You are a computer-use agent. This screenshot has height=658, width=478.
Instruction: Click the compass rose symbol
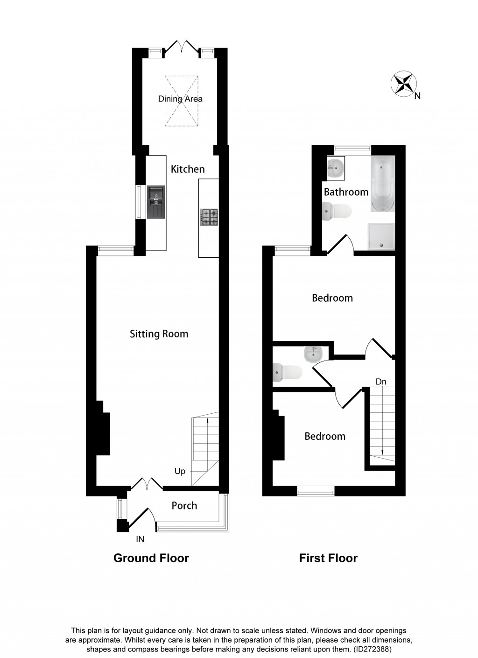tap(403, 84)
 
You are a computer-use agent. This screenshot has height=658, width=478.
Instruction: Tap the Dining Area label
tap(180, 99)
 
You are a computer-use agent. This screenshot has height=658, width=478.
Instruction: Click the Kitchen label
tap(188, 169)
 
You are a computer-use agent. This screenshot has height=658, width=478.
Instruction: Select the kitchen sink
tap(156, 202)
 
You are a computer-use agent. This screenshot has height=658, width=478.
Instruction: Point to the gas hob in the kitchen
tap(209, 217)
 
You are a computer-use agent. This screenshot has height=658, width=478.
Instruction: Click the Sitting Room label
tap(159, 334)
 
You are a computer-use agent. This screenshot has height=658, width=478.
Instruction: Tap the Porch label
tap(184, 505)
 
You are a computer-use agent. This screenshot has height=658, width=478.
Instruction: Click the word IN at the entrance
tap(140, 539)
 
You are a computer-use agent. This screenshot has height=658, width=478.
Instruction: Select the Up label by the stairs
tap(180, 471)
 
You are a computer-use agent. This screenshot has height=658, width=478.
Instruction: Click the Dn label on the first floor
tap(381, 382)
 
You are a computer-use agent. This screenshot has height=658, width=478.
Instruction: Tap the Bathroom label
tap(346, 192)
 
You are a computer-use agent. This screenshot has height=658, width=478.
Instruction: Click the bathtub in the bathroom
tap(383, 185)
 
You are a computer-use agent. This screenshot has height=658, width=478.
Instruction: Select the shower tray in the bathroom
tap(381, 236)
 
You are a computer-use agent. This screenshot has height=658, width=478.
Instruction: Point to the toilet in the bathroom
tap(337, 211)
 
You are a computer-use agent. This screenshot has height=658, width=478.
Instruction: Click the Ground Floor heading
tap(151, 558)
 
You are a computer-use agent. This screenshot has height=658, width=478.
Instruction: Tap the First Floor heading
tap(328, 558)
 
